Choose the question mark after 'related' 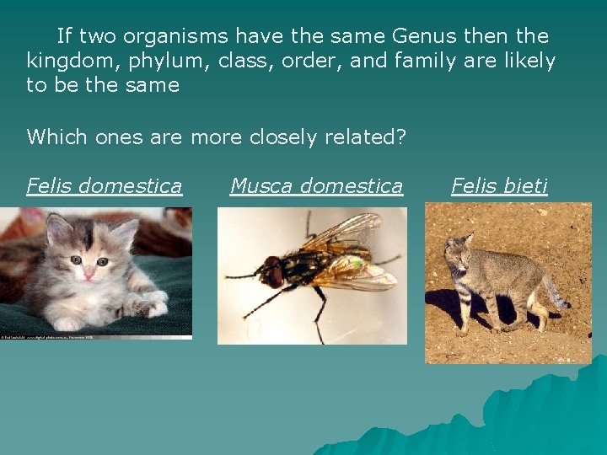[401, 136]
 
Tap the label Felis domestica [104, 185]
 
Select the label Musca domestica [316, 185]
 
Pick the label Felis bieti [499, 185]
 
